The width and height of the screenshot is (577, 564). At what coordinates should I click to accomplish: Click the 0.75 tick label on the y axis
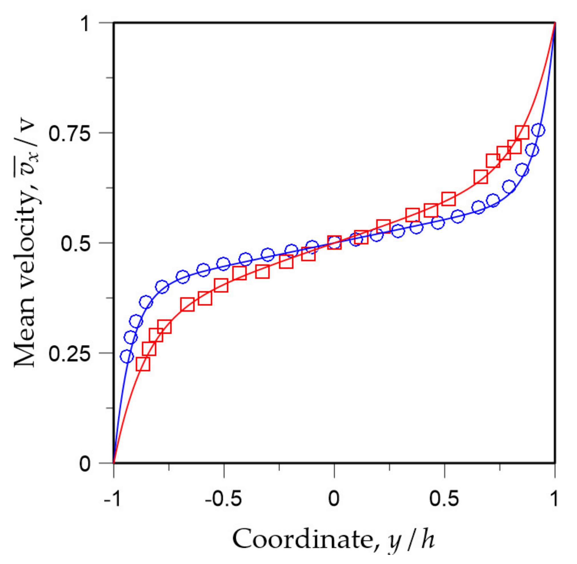[69, 133]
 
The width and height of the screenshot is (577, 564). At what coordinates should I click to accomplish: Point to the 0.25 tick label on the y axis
[69, 353]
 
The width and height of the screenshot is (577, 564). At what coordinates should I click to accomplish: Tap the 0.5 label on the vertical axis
[75, 243]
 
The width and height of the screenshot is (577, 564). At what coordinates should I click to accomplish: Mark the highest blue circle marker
[538, 130]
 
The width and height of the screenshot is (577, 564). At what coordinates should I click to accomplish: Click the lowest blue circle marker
[127, 356]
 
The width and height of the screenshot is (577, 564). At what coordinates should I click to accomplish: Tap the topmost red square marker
[522, 132]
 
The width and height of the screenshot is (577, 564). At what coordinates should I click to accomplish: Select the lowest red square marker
[143, 364]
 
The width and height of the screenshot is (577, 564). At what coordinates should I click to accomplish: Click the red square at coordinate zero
[334, 243]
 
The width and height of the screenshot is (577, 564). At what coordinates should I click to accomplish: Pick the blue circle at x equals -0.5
[223, 264]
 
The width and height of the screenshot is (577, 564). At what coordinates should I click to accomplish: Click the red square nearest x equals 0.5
[448, 198]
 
